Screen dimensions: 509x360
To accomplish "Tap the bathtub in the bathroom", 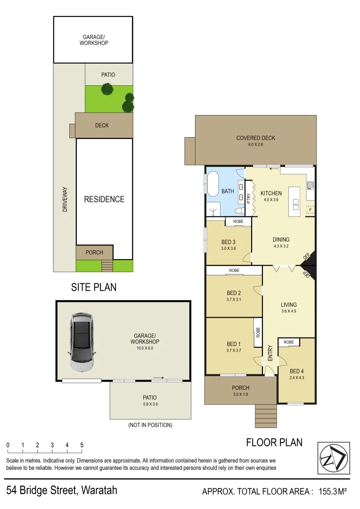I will pos(212,184).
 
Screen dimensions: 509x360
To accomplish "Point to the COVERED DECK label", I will pos(255,138).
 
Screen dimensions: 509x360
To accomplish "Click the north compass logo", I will pos(334,458).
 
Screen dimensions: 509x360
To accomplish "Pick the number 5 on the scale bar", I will pos(82,445).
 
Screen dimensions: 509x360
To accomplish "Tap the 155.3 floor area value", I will pos(327,492).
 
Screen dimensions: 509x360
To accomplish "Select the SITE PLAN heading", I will pos(94,287).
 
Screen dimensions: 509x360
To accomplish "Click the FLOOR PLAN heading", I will pos(274,443).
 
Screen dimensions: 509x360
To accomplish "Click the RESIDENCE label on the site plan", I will pos(104,199).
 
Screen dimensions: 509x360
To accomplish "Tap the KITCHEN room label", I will pos(271,193).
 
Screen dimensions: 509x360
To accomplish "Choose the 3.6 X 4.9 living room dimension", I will pos(288,311).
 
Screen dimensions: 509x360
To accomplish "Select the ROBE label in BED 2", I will pos(234,271).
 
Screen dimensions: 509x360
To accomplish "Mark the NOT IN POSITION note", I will pos(150,425).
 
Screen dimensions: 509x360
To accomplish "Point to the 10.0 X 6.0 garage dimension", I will pos(146,348).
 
